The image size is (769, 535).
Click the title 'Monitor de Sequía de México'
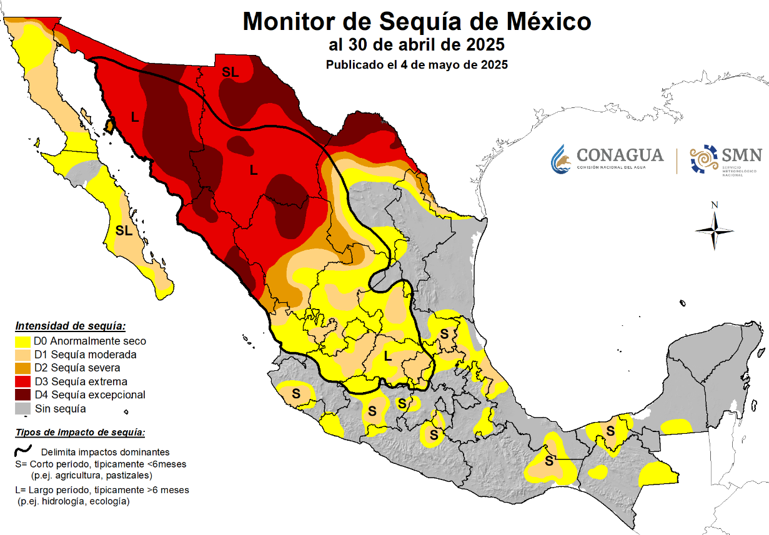tap(417, 22)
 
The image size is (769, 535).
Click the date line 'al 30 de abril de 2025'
tap(417, 46)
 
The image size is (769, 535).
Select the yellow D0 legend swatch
tap(23, 341)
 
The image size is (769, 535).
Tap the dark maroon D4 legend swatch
tap(23, 395)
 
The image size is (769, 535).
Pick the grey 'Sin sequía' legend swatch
tap(23, 409)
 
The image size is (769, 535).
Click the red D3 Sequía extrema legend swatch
tap(23, 381)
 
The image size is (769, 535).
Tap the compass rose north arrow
tap(715, 230)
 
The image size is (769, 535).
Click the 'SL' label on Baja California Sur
tap(124, 230)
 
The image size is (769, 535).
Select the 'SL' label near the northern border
tap(231, 72)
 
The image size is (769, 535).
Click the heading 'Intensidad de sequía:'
tap(71, 326)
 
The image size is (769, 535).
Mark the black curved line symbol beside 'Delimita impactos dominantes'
tap(23, 449)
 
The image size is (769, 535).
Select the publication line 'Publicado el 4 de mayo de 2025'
tap(417, 64)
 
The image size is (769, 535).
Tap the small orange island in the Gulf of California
tap(109, 127)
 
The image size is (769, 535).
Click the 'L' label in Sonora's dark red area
tap(134, 116)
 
